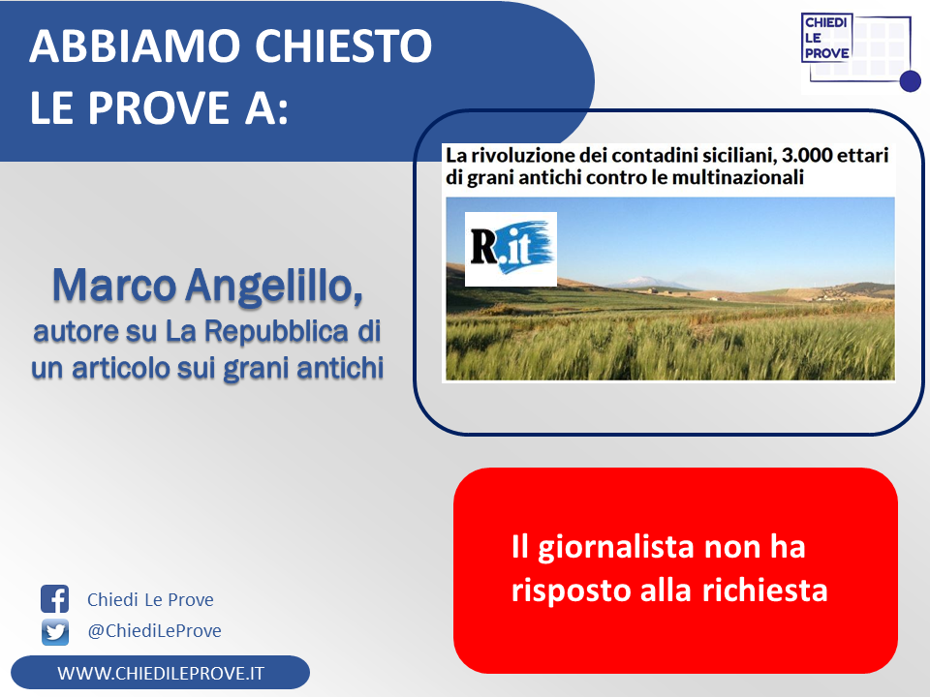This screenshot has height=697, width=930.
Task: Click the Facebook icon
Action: [x=54, y=598]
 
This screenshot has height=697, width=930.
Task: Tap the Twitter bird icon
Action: [x=54, y=632]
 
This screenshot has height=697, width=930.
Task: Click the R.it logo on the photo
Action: [x=511, y=249]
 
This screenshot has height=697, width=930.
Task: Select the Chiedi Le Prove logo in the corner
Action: [x=860, y=52]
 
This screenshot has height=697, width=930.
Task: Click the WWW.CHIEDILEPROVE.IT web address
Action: [x=161, y=674]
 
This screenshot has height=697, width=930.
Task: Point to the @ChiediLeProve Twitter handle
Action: [x=154, y=630]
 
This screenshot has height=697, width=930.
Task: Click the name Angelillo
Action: [x=274, y=287]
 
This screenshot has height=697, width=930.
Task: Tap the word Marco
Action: [x=114, y=286]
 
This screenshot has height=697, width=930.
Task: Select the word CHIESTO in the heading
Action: [x=343, y=45]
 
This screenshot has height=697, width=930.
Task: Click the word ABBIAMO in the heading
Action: [x=135, y=45]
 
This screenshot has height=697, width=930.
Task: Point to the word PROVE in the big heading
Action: [x=159, y=107]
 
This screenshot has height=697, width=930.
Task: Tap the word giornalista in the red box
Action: [x=616, y=548]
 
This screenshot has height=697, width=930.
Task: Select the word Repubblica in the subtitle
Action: [x=276, y=332]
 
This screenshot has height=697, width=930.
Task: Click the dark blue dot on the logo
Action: [x=911, y=81]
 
